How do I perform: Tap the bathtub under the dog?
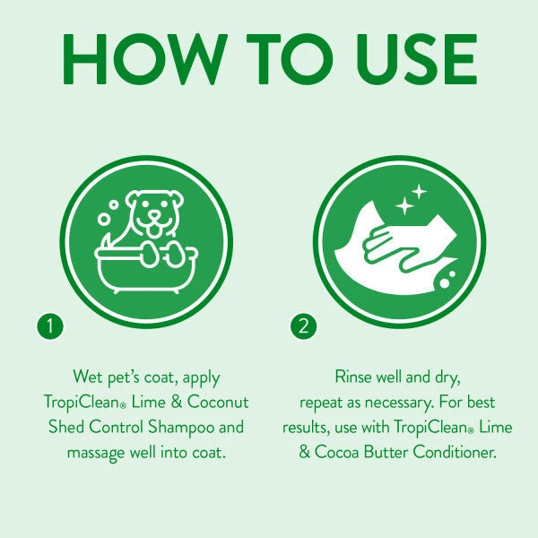coord(143,268)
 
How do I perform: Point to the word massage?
coord(97,452)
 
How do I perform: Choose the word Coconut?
coord(220,402)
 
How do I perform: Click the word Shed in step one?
coord(65,427)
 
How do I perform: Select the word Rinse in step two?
coord(354,377)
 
